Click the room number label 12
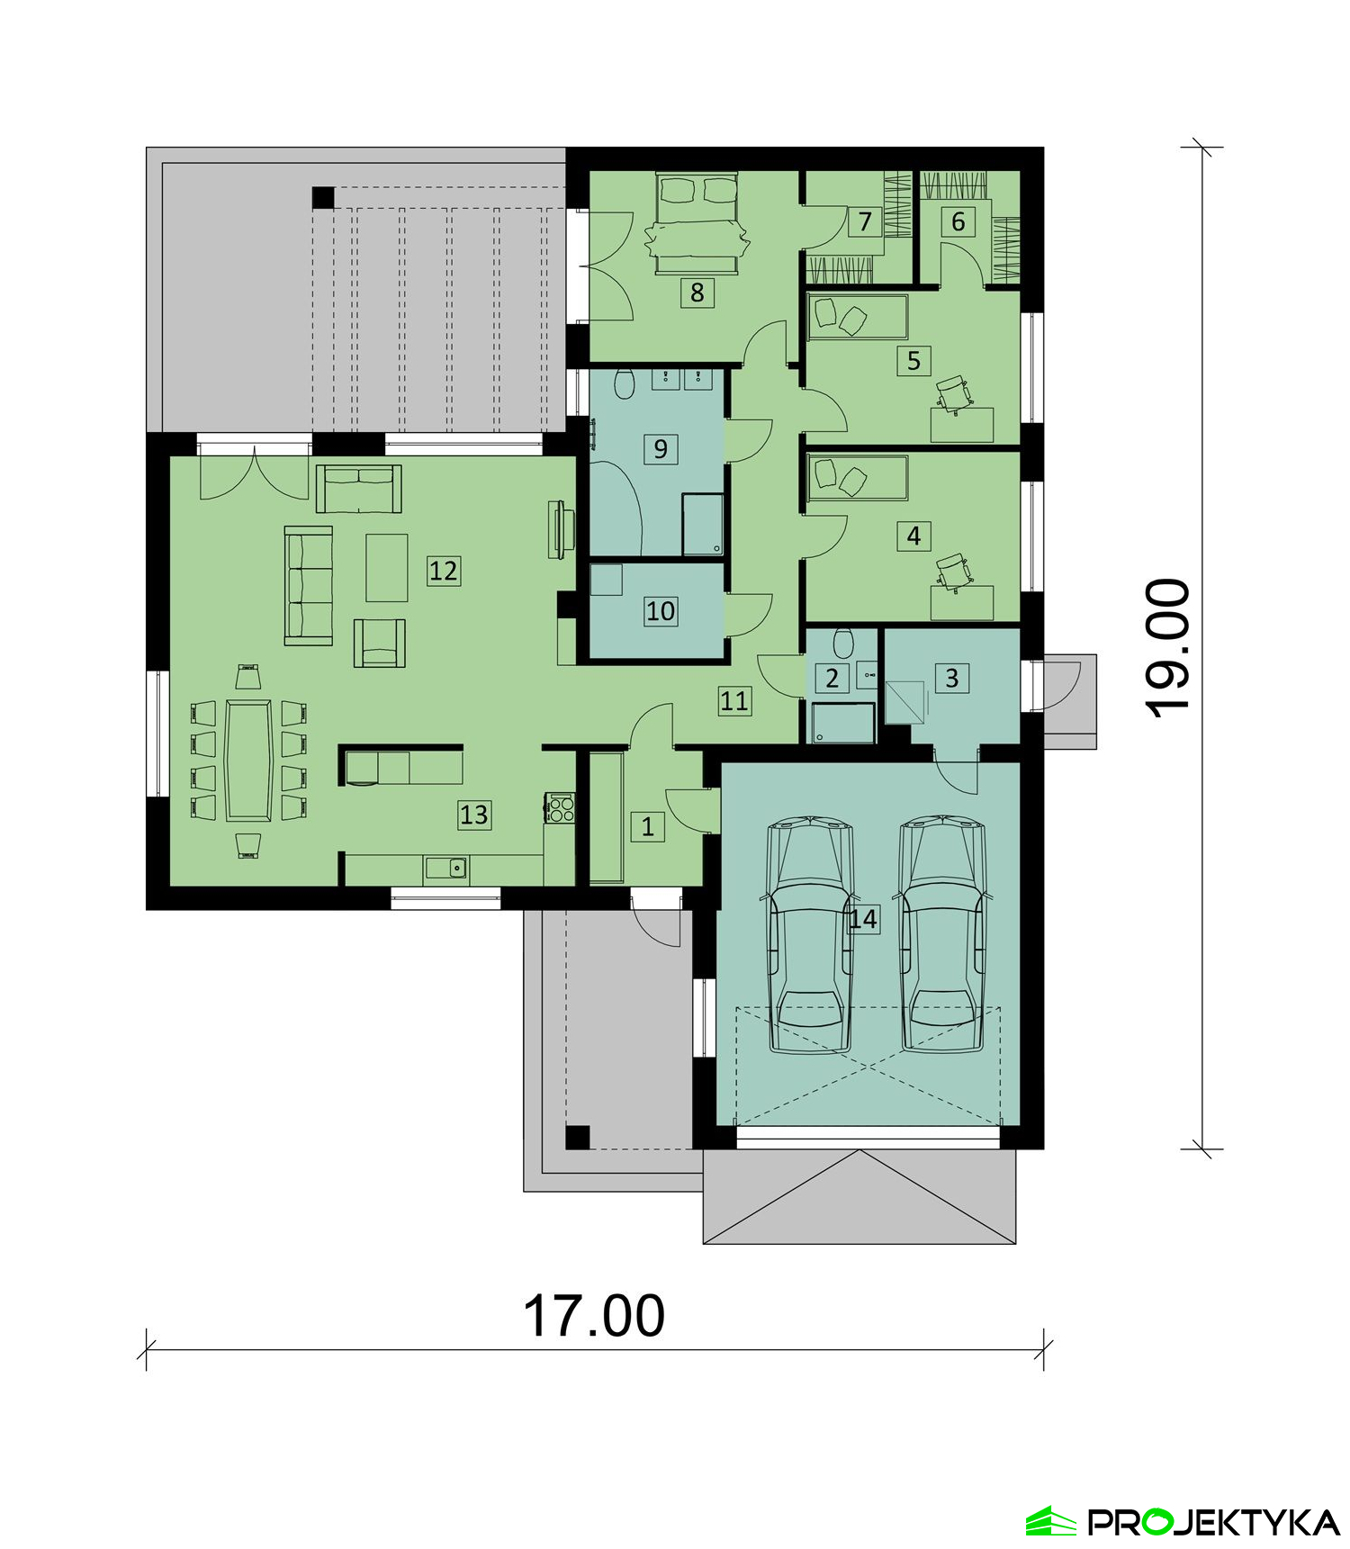tap(443, 571)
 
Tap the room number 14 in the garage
tap(862, 919)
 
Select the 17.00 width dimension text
tap(594, 1316)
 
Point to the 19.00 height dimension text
tap(1167, 648)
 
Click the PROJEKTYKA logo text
tap(1214, 1521)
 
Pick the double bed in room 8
tap(697, 222)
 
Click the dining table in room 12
tap(249, 761)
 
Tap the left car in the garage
tap(809, 933)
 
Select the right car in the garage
tap(942, 933)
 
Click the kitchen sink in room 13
tap(446, 868)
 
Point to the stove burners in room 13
tap(560, 807)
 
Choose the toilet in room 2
tap(843, 643)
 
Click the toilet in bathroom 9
tap(624, 384)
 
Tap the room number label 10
tap(661, 611)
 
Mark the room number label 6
tap(958, 221)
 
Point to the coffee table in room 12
tap(387, 567)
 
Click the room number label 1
tap(647, 826)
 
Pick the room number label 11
tap(734, 700)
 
